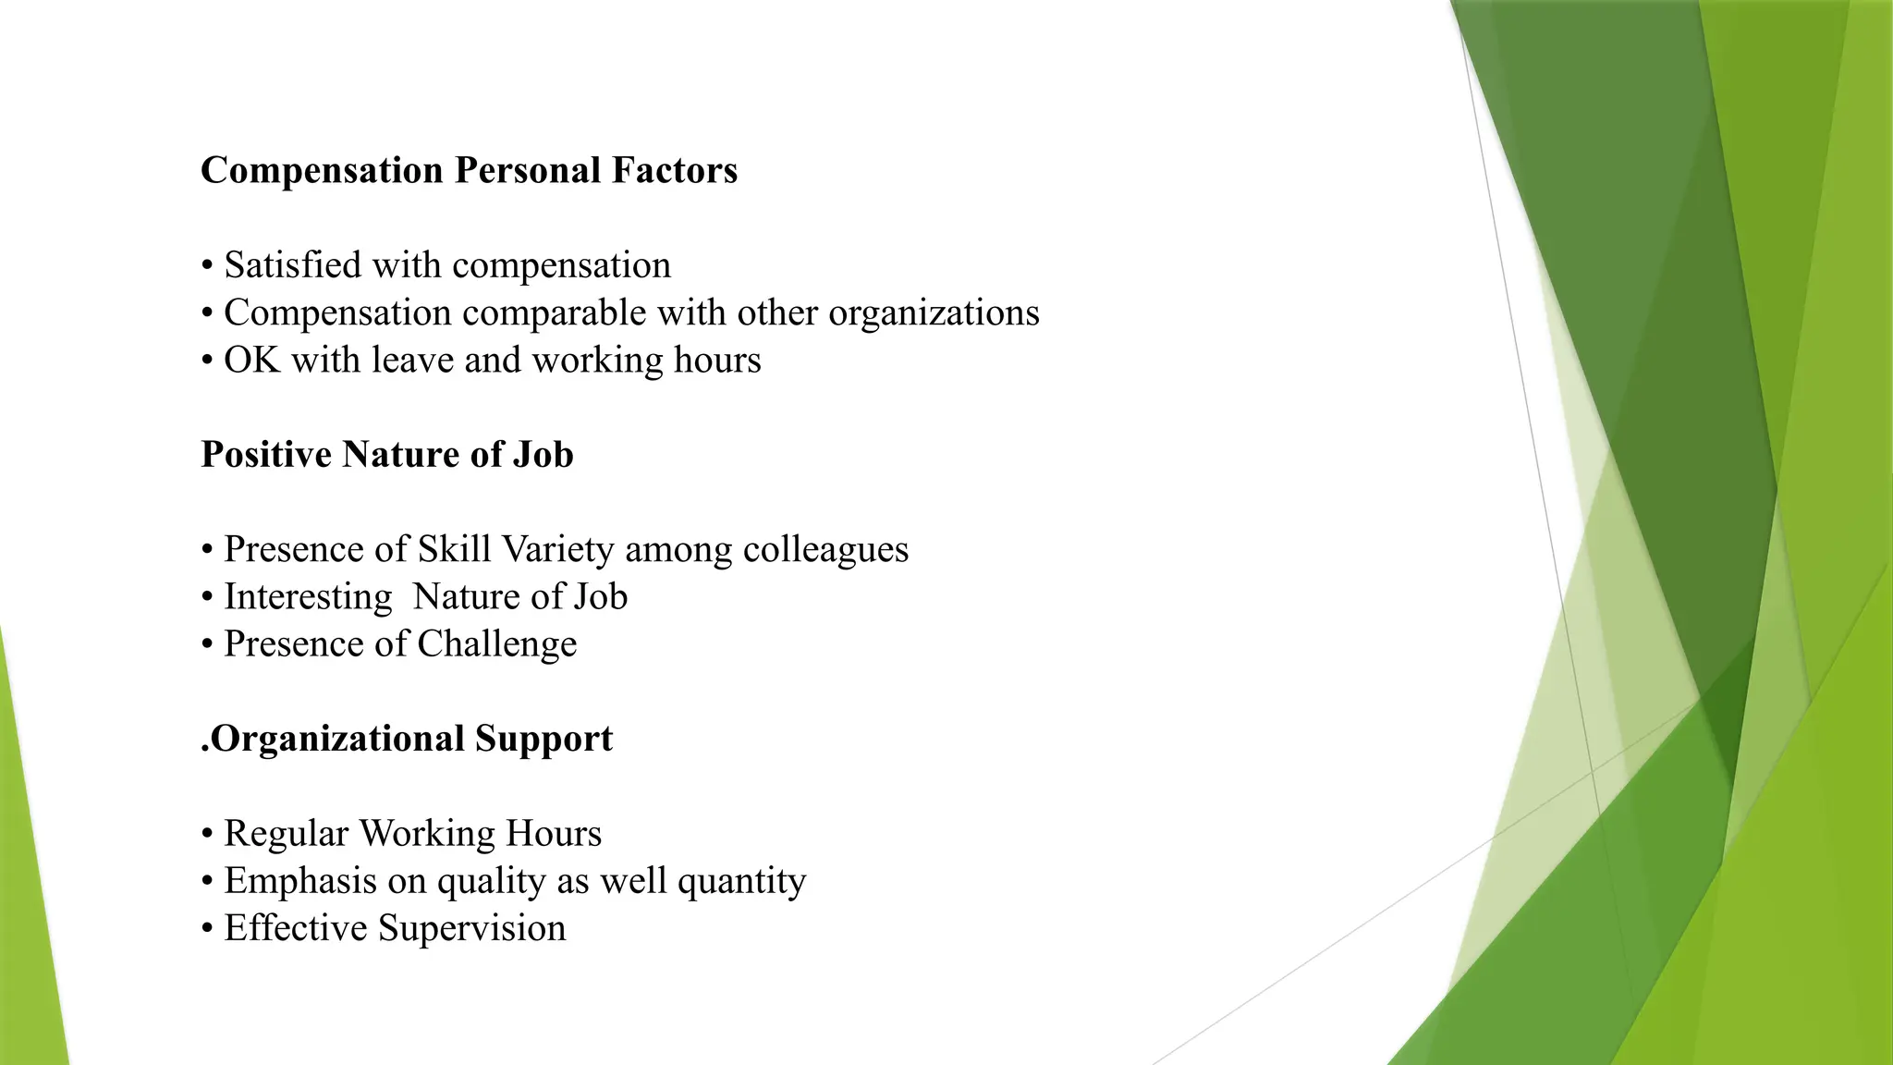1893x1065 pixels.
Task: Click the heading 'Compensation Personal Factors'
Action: (469, 171)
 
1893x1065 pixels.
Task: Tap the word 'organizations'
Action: (934, 313)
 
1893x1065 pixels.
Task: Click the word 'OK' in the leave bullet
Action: (251, 361)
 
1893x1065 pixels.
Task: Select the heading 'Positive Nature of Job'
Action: (386, 455)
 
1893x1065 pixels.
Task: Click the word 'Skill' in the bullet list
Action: (453, 549)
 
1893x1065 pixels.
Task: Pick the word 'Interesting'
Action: (308, 597)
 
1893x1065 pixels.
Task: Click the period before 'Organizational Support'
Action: (204, 749)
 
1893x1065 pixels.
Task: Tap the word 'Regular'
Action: (286, 834)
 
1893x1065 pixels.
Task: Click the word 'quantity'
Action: (741, 882)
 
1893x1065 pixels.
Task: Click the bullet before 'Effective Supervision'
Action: (207, 929)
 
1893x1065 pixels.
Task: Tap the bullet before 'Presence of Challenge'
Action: (207, 645)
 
